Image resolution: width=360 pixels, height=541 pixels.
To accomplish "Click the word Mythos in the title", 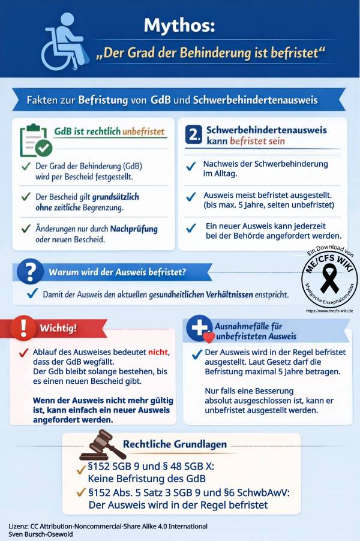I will tap(179, 25).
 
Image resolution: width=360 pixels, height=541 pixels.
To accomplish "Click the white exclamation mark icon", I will tap(23, 327).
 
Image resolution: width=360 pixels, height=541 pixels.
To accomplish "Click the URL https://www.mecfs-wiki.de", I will tap(329, 311).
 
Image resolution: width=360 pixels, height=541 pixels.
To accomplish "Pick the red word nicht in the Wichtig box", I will tap(158, 353).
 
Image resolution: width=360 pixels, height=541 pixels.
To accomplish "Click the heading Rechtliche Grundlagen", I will tap(175, 444).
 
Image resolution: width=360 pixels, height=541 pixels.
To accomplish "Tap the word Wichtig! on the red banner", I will tap(58, 328).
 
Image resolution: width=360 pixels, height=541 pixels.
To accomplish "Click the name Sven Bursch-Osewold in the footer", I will tap(43, 533).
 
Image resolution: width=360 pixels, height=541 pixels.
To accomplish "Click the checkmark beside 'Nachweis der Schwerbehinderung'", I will tap(191, 166).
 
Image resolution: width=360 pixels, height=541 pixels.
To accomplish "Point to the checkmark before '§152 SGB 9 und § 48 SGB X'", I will tap(80, 467).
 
